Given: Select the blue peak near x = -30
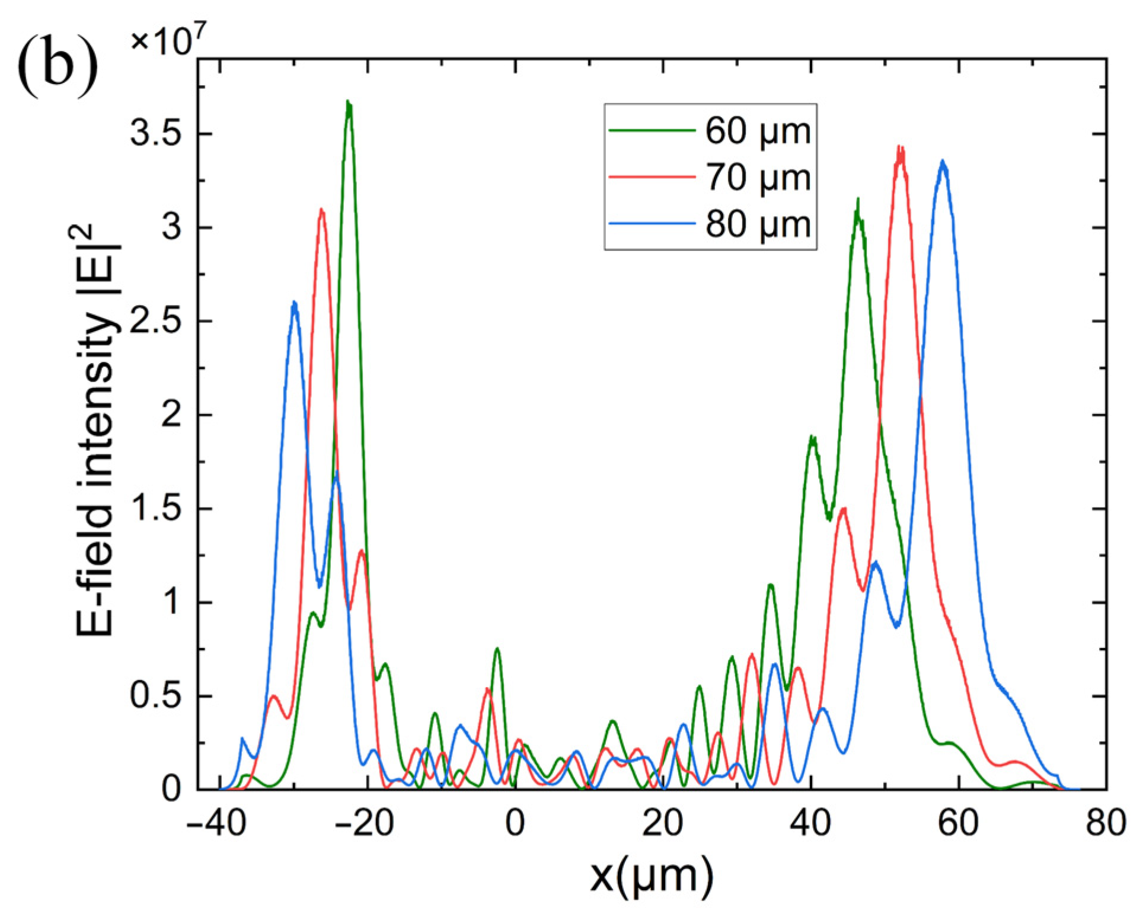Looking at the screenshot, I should tap(294, 303).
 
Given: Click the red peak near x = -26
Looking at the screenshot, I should tap(321, 210).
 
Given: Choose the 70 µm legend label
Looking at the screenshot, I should tap(757, 177).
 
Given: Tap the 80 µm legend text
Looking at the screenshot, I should tap(757, 224).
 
